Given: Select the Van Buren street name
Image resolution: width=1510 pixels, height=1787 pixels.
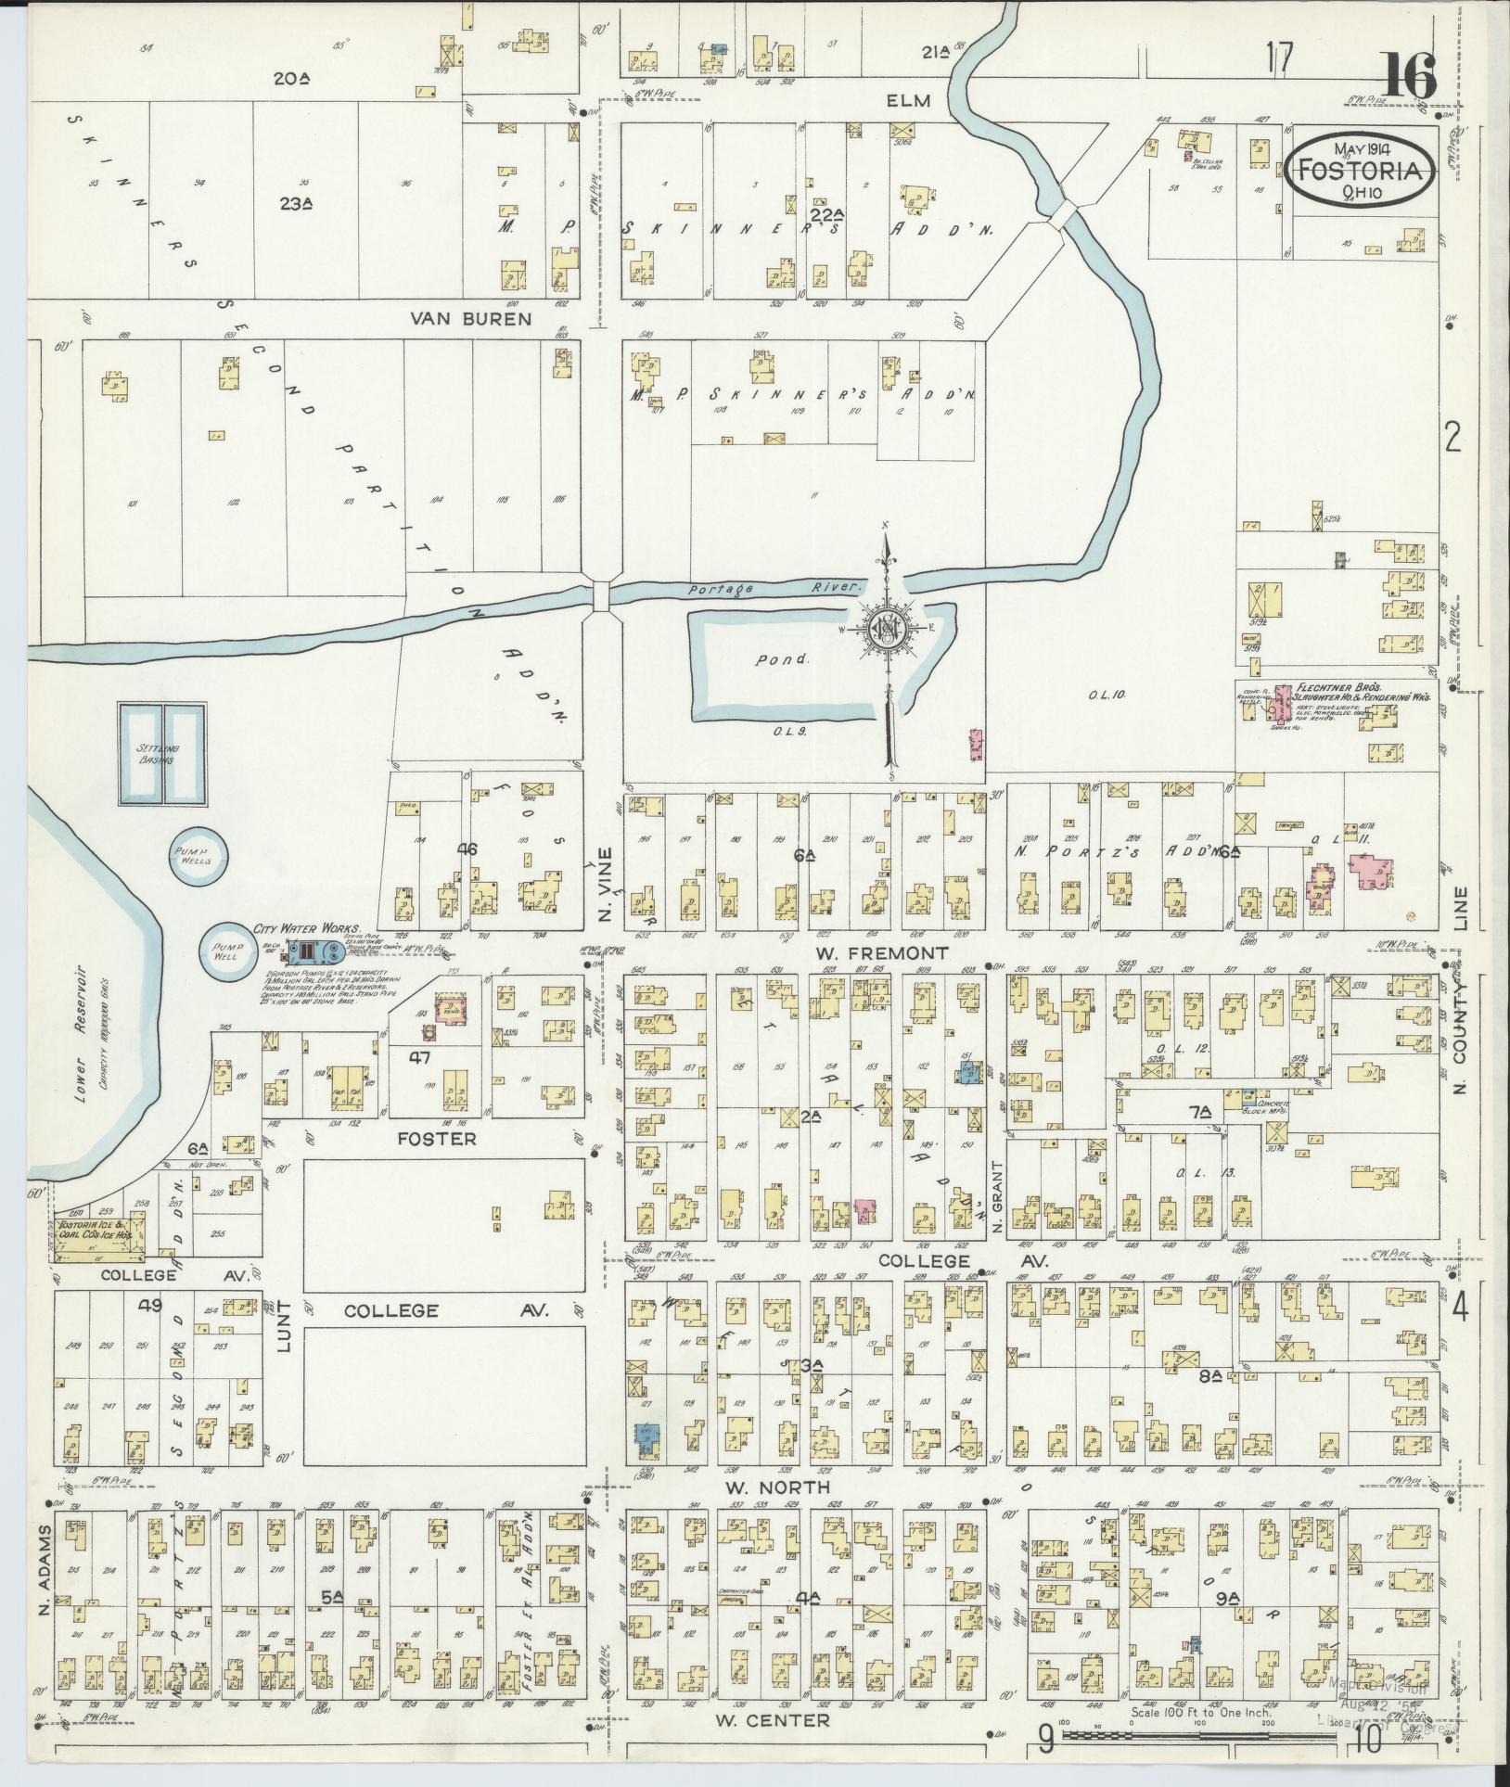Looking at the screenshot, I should pyautogui.click(x=473, y=319).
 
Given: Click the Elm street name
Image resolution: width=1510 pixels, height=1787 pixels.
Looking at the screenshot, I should pyautogui.click(x=907, y=101).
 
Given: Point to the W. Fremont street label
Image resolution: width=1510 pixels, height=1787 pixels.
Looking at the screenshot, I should pyautogui.click(x=881, y=953).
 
